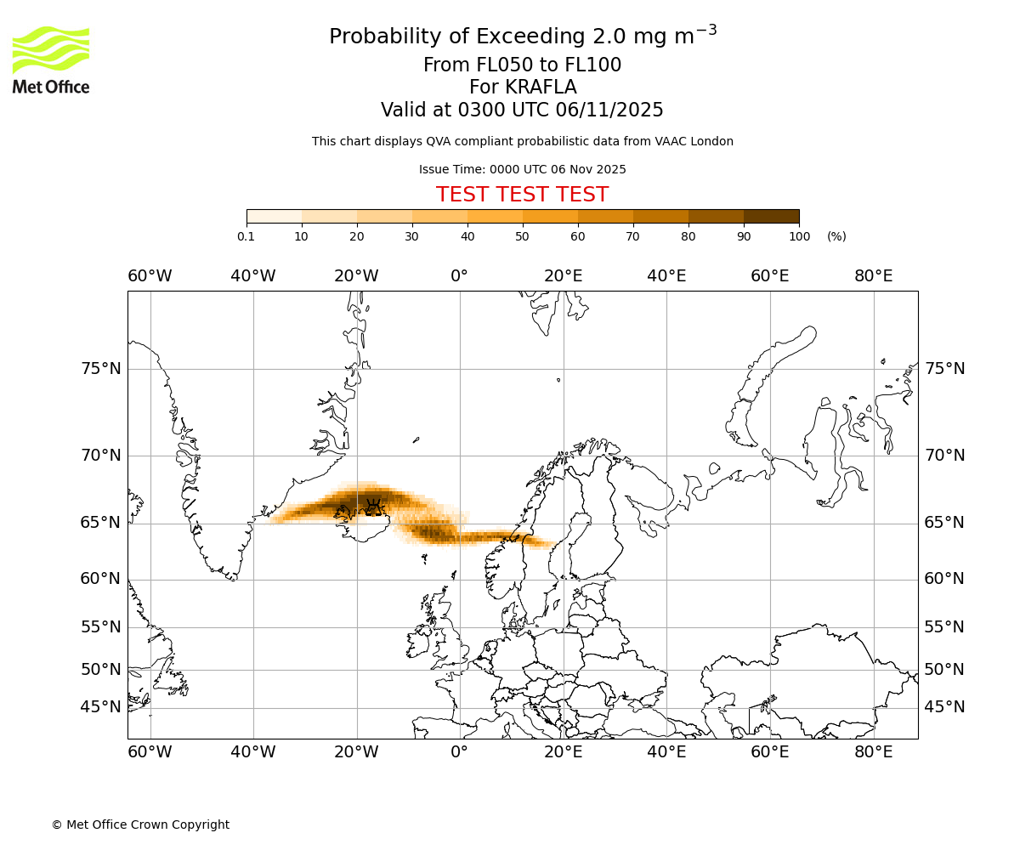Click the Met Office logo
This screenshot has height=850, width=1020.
coord(51,59)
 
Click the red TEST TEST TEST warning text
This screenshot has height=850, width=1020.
coord(522,195)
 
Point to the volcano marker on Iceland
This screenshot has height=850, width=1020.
coord(373,507)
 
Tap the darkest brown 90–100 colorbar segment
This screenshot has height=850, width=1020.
coord(771,217)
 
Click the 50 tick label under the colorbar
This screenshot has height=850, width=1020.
coord(522,236)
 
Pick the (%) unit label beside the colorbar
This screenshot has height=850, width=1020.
coord(836,236)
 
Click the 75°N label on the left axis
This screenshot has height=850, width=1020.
coord(100,369)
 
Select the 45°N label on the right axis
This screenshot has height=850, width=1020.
coord(944,707)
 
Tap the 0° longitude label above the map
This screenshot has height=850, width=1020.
coord(459,276)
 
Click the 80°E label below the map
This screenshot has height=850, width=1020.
coord(873,752)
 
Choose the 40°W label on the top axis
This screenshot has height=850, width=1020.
coord(252,276)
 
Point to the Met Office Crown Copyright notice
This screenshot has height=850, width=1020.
coord(140,824)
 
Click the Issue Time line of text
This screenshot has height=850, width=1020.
coord(522,169)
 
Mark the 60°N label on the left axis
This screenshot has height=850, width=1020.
coord(100,579)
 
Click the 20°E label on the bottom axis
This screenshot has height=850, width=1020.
coord(563,752)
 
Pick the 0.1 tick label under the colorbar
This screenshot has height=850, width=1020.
coord(246,236)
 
